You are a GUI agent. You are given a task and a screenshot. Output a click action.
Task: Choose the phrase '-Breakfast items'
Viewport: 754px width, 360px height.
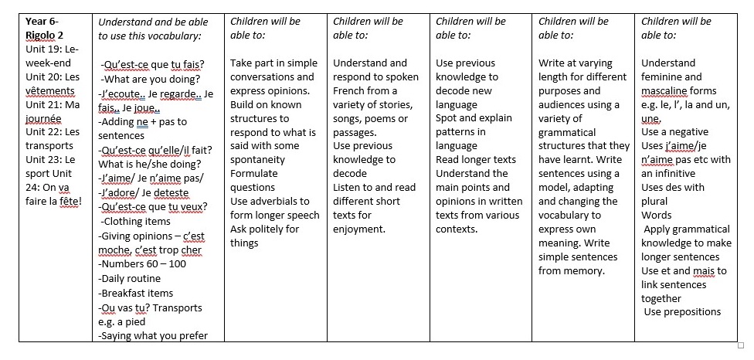(135, 293)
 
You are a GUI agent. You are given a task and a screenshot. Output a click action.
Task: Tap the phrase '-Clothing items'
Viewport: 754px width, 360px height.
(137, 221)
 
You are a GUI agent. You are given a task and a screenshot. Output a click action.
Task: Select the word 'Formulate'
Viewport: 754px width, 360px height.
(253, 173)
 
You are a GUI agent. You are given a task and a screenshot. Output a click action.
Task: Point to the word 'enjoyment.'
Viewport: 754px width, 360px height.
(359, 229)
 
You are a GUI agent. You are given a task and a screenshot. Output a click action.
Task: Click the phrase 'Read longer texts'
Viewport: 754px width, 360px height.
(475, 159)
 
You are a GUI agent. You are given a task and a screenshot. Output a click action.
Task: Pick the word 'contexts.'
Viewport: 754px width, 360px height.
(457, 229)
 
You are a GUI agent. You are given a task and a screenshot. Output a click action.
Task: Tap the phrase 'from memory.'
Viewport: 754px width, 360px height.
(572, 270)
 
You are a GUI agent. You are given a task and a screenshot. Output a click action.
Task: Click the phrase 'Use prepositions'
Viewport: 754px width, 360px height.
(682, 312)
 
